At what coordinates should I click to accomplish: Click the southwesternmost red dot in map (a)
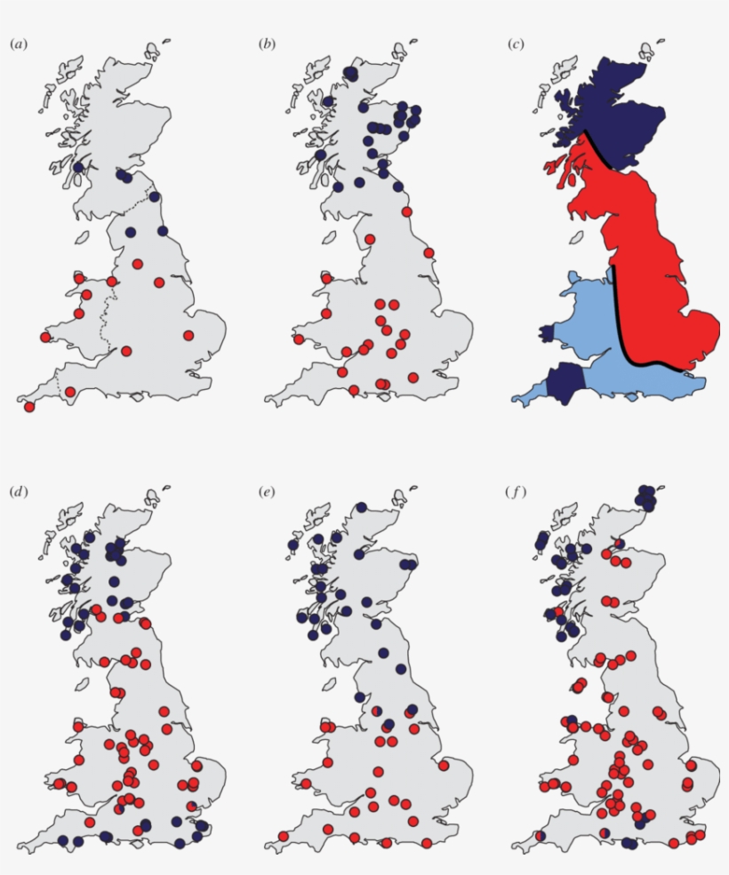pos(29,407)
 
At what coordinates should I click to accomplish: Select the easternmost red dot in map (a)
pos(188,335)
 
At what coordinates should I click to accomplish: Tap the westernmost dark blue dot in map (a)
pos(79,167)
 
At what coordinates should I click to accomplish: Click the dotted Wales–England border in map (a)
pos(107,315)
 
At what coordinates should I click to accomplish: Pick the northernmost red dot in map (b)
pos(407,211)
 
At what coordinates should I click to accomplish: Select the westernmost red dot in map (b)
pos(299,338)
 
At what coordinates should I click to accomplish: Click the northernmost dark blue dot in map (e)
pos(362,507)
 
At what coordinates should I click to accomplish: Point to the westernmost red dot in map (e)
pos(284,836)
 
